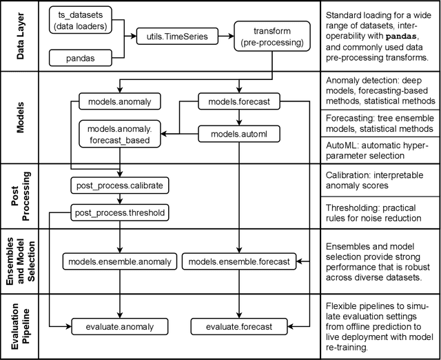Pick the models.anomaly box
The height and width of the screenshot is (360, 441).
[120, 102]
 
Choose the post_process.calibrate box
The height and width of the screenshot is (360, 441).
[120, 186]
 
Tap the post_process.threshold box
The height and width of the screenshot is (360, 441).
[120, 212]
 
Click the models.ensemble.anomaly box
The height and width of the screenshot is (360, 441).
[120, 261]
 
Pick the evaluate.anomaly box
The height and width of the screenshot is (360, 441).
[120, 326]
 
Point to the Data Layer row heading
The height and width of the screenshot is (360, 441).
[19, 38]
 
